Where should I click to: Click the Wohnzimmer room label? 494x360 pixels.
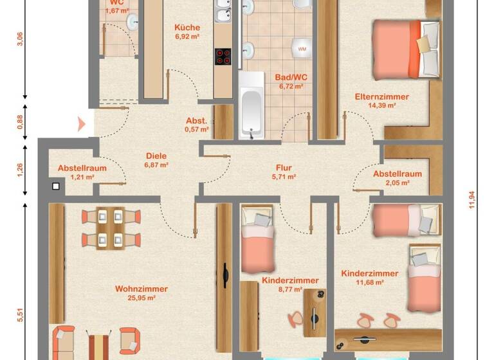(141, 289)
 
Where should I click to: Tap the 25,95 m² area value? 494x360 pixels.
(142, 298)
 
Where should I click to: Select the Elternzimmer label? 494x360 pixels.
(381, 96)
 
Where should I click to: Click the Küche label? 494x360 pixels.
(187, 28)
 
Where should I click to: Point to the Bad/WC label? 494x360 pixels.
(291, 77)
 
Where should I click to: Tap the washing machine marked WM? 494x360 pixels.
(302, 48)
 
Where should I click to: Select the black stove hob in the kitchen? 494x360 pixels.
(223, 57)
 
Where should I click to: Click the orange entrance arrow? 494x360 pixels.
(81, 123)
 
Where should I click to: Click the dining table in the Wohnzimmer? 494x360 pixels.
(110, 228)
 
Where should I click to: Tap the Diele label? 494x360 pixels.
(156, 156)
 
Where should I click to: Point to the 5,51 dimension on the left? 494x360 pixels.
(20, 315)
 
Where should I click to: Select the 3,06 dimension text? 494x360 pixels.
(20, 39)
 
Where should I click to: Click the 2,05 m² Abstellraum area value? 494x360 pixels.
(397, 182)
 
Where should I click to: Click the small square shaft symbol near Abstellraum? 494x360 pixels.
(56, 186)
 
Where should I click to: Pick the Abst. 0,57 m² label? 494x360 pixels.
(196, 125)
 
